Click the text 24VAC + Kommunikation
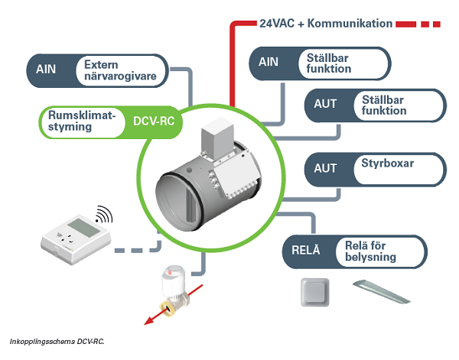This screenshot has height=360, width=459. click(326, 24)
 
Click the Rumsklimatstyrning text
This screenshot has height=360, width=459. click(81, 121)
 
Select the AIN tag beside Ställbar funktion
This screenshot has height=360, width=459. click(269, 63)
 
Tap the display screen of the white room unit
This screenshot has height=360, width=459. click(80, 227)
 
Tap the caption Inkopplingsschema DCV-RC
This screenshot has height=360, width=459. click(57, 339)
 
